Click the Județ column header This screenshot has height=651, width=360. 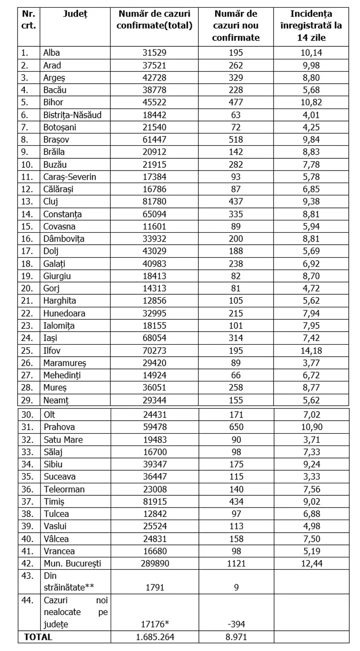click(x=74, y=14)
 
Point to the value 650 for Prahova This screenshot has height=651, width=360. click(x=236, y=427)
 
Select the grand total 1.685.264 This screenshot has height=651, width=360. click(x=154, y=637)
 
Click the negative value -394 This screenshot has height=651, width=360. click(x=236, y=624)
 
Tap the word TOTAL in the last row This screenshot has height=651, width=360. click(x=38, y=637)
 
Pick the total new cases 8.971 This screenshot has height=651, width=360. click(x=236, y=637)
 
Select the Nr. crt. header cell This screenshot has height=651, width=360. click(x=28, y=20)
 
